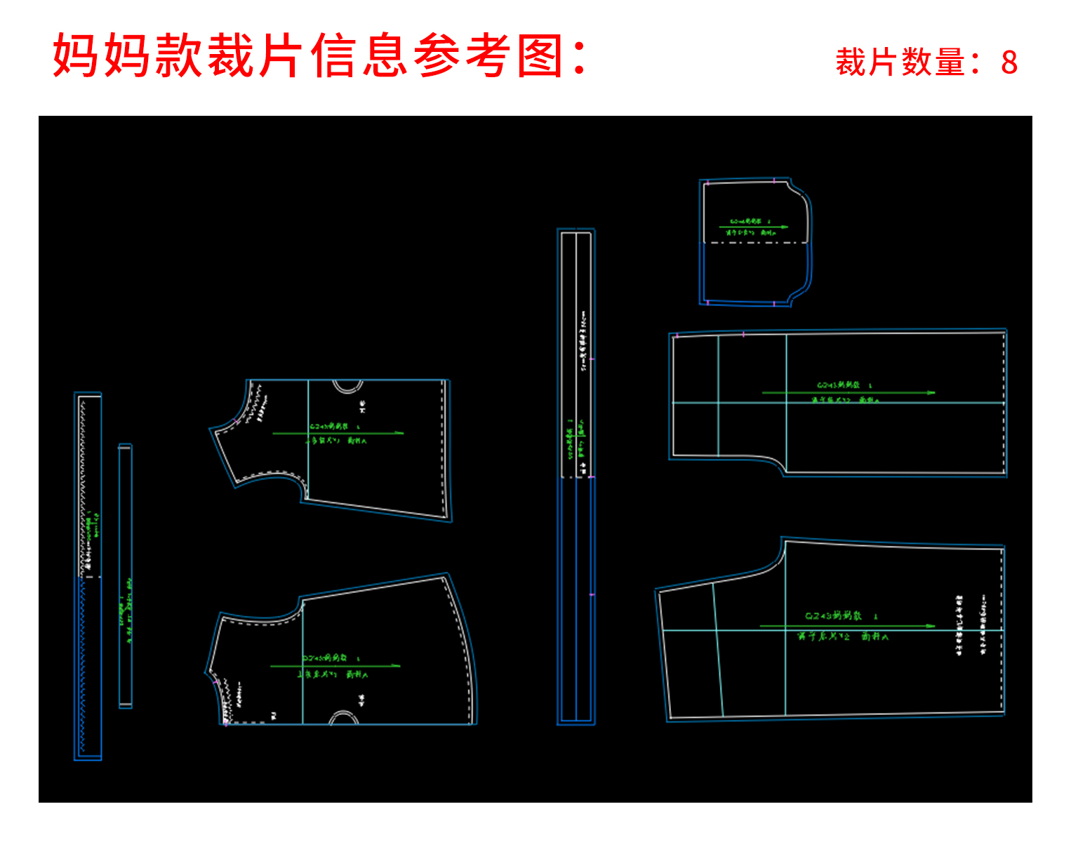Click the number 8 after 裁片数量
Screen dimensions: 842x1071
[1009, 62]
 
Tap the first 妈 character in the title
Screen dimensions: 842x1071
[75, 55]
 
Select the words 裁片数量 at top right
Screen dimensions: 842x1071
[901, 62]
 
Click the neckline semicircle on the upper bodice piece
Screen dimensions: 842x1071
[347, 385]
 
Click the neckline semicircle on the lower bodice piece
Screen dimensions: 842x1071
[344, 717]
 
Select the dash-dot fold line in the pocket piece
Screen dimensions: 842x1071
[756, 243]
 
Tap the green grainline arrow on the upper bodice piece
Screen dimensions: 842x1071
[338, 434]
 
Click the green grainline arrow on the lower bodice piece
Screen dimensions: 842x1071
[335, 666]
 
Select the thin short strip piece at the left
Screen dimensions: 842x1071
[126, 575]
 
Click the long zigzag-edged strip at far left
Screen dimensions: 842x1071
[88, 575]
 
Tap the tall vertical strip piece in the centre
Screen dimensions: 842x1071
[576, 477]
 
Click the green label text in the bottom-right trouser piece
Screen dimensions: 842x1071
[842, 626]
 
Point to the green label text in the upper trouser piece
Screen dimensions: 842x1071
[845, 393]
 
